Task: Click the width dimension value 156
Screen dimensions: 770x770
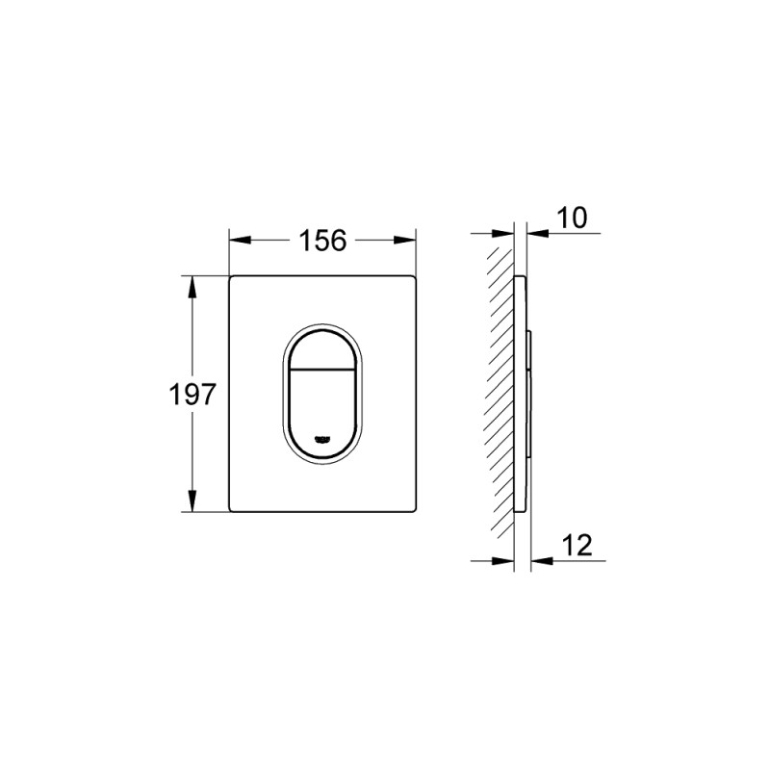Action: [322, 241]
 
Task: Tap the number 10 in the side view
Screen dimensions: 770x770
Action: [572, 217]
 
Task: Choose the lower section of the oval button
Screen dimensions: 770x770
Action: [322, 404]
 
